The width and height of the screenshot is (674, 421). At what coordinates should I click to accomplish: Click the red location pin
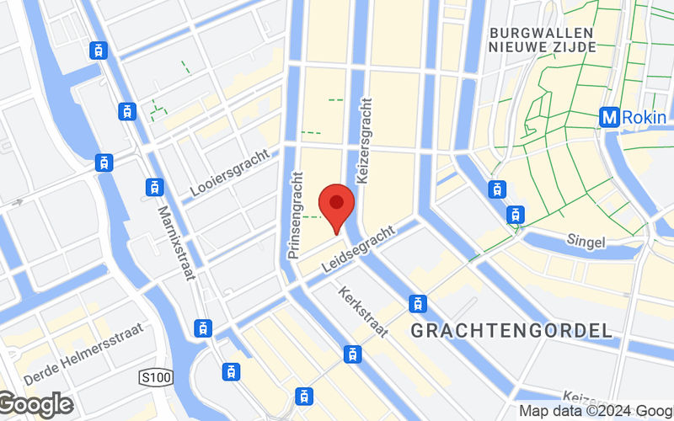[336, 205]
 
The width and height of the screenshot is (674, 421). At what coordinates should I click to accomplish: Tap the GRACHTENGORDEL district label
[511, 330]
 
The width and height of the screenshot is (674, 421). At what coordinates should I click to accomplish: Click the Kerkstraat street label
[363, 312]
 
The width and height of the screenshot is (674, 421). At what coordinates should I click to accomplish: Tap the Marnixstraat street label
[173, 240]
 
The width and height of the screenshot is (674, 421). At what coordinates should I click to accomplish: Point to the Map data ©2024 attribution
[595, 411]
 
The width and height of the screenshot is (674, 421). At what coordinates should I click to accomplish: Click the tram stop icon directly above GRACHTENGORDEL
[417, 303]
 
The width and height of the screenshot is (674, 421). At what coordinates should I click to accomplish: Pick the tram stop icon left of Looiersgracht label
[154, 186]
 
